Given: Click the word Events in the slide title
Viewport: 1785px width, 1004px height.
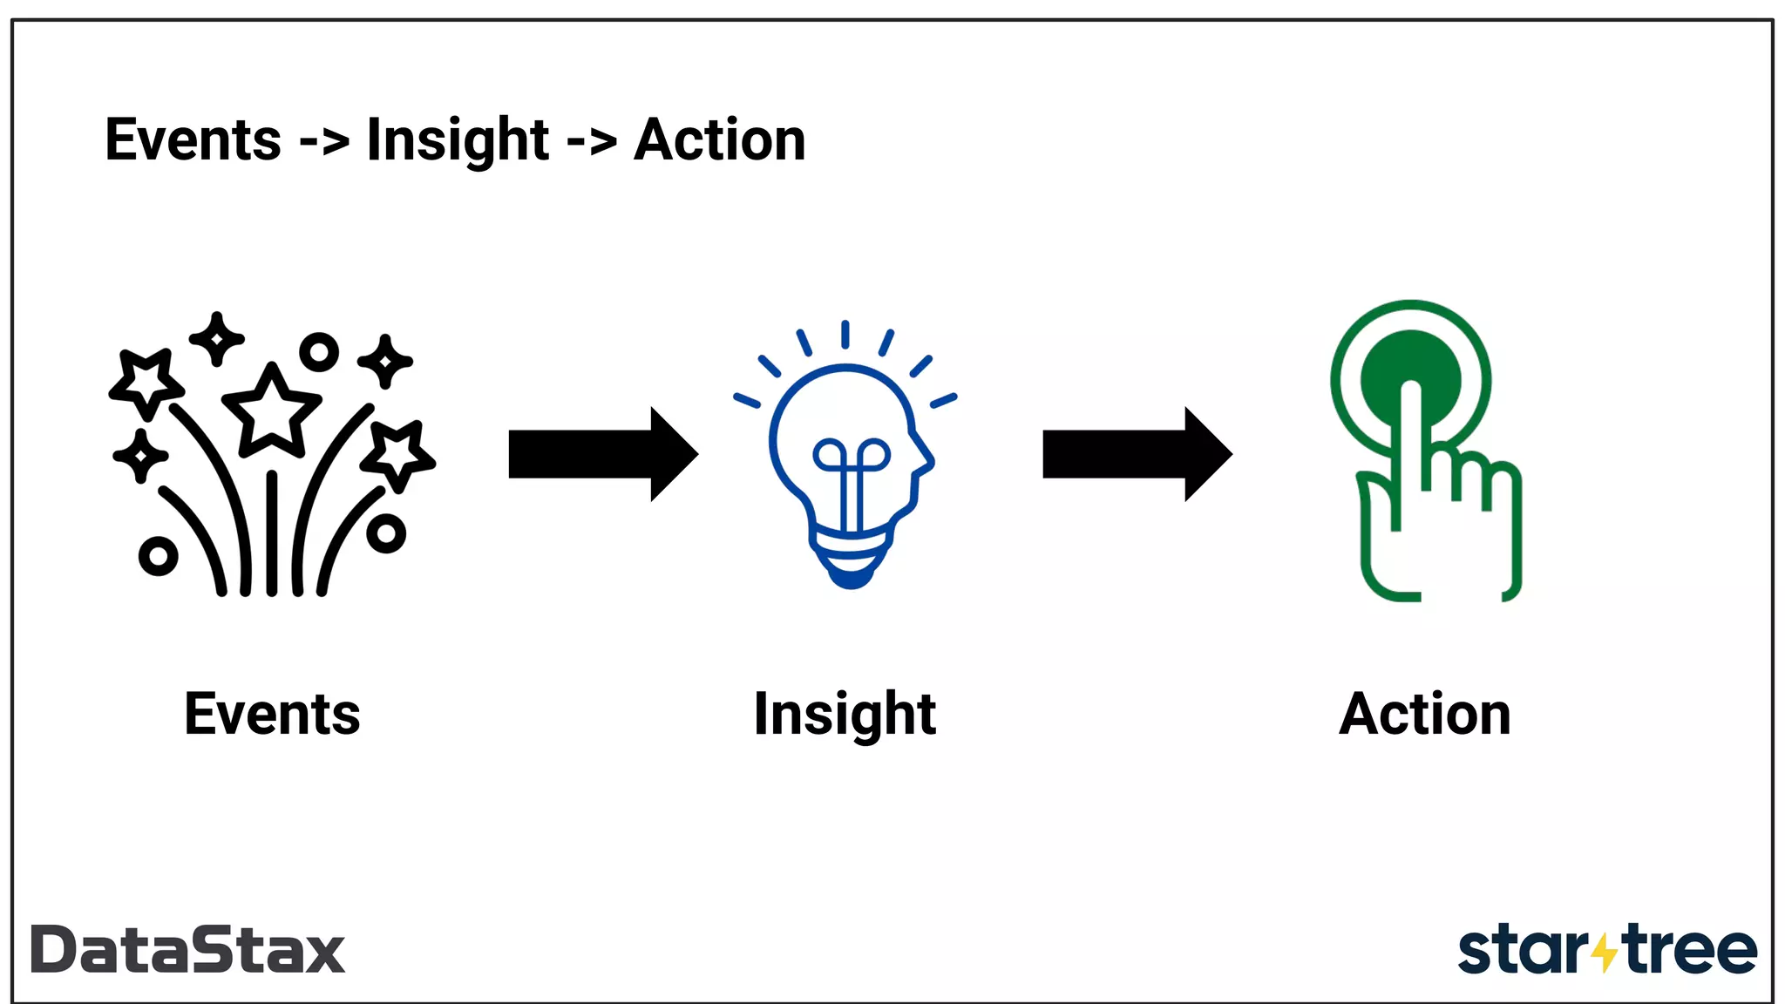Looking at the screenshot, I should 193,140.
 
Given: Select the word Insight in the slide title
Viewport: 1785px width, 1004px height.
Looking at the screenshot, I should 458,140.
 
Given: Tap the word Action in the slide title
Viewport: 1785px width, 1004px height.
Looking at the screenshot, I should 720,140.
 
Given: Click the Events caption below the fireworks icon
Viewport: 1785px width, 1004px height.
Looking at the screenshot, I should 272,715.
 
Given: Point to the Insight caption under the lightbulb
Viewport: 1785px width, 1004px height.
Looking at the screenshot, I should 845,715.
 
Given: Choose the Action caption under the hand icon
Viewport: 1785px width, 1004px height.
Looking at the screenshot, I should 1424,715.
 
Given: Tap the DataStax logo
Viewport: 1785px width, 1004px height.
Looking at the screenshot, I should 188,950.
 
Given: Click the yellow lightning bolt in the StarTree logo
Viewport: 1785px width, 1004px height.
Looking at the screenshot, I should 1604,952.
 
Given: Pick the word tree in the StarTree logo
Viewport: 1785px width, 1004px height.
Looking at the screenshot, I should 1691,950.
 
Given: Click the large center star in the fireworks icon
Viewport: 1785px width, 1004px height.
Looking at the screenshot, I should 272,410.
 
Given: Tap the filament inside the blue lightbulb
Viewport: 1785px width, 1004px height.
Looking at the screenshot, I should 851,475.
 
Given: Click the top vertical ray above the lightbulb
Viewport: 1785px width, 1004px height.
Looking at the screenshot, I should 845,335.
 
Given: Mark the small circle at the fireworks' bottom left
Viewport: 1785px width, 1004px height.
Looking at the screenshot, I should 158,555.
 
